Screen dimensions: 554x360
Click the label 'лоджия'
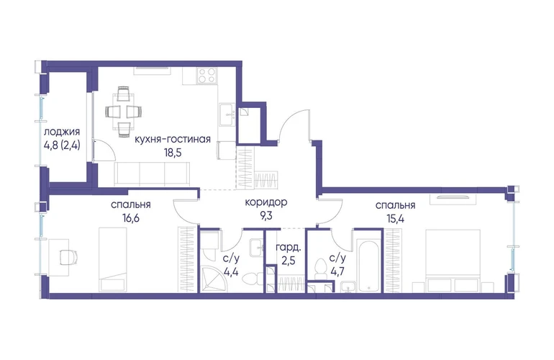(62, 132)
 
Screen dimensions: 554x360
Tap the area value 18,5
(173, 153)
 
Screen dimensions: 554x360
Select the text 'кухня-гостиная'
(173, 140)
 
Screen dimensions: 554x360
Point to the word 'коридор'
(266, 202)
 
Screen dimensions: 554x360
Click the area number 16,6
(131, 218)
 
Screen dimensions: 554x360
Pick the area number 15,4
(396, 219)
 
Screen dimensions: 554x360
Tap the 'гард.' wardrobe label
(289, 248)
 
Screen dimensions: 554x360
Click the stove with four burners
(206, 76)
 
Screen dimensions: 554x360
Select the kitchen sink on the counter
(227, 114)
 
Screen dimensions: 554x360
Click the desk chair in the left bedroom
(69, 257)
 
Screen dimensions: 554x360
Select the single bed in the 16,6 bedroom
(113, 259)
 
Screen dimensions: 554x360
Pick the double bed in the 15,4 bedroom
(453, 261)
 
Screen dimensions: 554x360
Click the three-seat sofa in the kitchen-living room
(152, 174)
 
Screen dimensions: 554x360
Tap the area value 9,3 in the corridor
(266, 216)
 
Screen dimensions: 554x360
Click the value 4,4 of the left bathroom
(231, 271)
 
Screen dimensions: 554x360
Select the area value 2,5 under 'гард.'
(289, 261)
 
